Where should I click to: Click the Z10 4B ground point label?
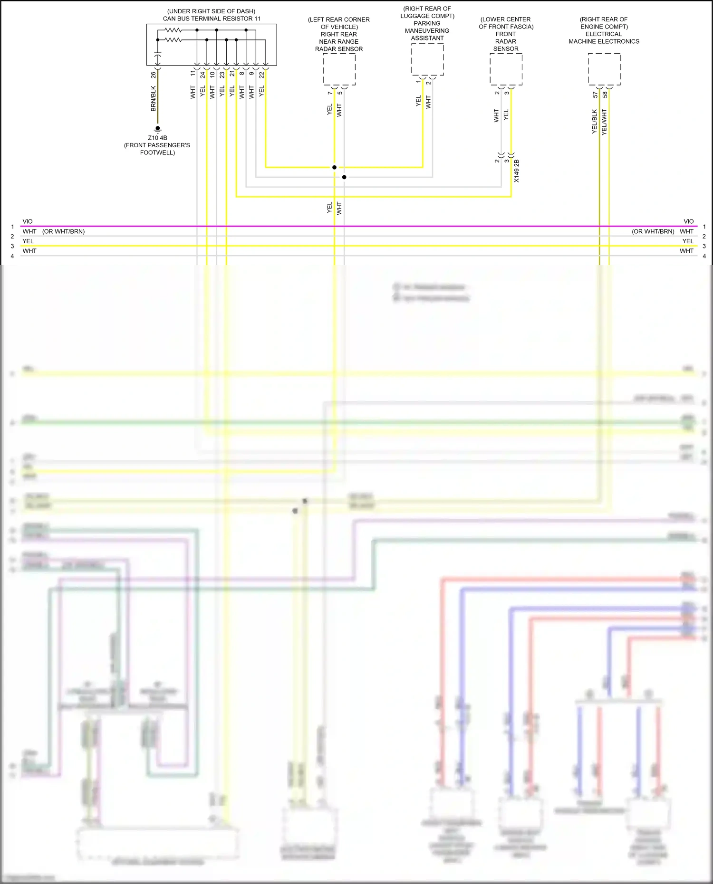point(157,138)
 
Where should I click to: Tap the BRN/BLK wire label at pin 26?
point(154,99)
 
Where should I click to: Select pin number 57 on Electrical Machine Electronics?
point(595,95)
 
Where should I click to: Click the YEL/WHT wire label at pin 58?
point(605,122)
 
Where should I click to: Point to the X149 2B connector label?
point(517,171)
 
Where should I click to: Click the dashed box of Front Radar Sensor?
point(506,69)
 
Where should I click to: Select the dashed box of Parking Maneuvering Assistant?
point(427,59)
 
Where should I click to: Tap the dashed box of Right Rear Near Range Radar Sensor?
point(339,69)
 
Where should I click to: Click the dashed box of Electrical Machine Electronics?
point(604,69)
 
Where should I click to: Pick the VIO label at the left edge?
point(28,221)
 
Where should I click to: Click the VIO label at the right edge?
point(688,221)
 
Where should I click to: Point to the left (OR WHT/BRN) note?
point(63,231)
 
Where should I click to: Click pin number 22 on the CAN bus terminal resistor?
point(261,75)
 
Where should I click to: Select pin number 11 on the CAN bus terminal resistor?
point(193,74)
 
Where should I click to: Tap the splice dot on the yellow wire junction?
point(334,167)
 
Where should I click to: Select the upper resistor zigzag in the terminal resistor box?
point(173,30)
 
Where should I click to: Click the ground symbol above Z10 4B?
point(157,129)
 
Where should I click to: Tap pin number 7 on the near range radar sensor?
point(330,93)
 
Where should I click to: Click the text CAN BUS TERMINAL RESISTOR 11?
point(212,19)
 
